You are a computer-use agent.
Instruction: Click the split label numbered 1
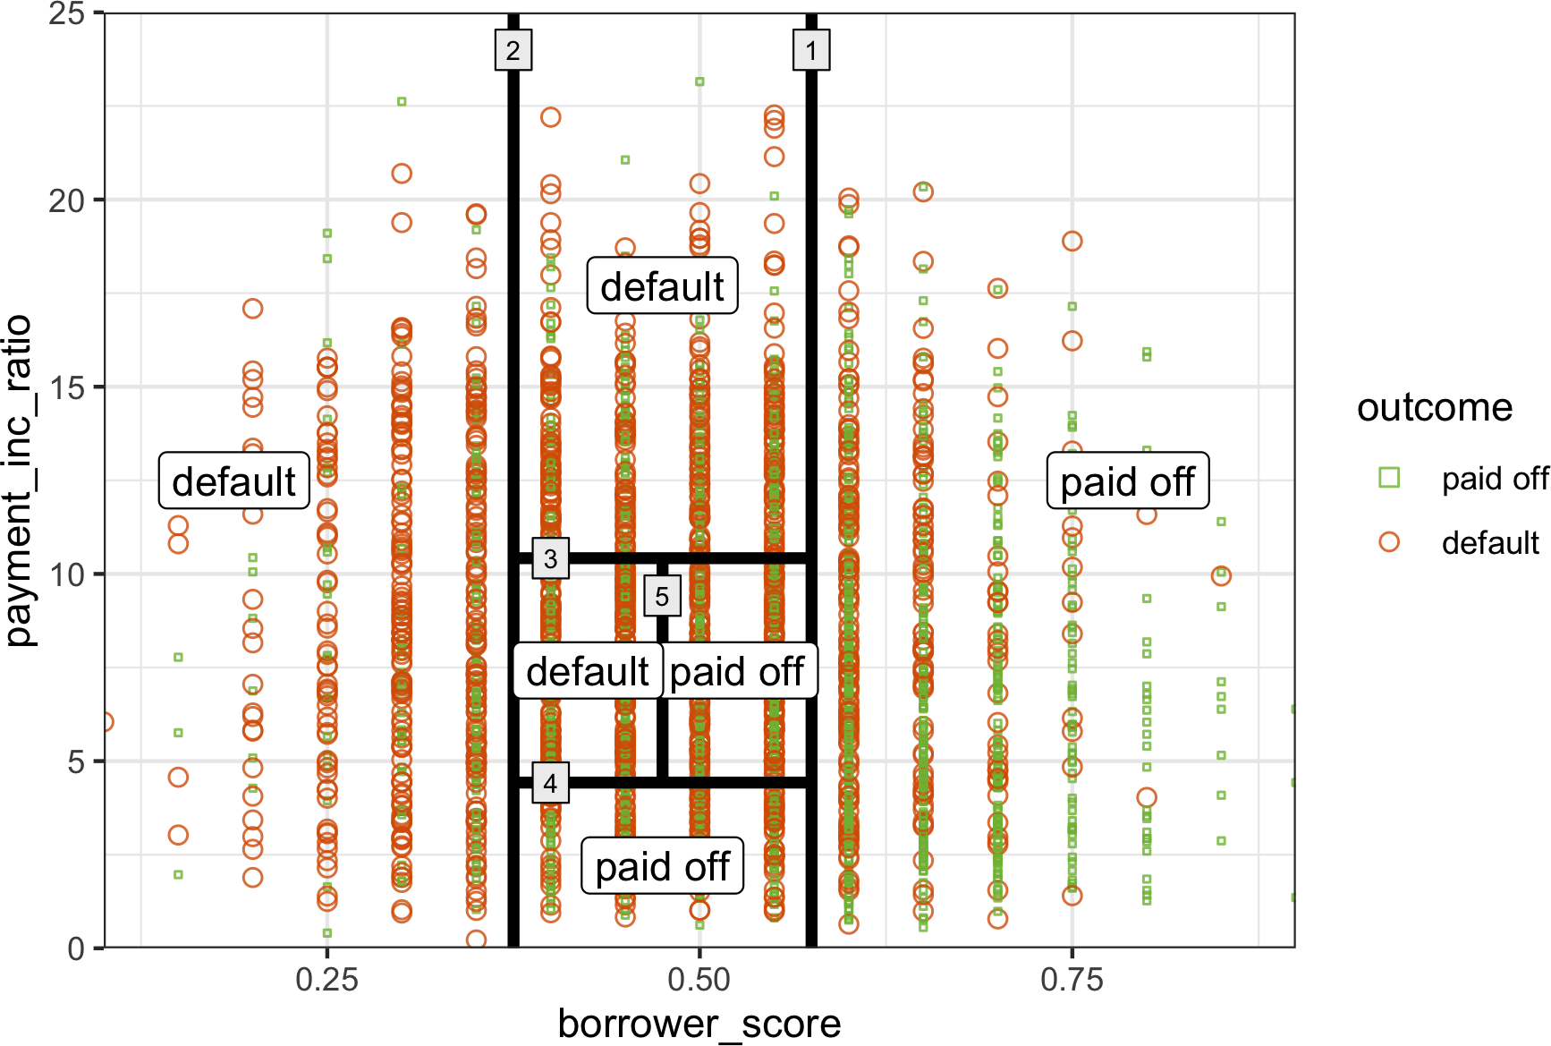click(811, 50)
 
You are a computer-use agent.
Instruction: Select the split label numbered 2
click(513, 50)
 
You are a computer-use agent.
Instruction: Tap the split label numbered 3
click(550, 559)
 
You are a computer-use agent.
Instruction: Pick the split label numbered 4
click(550, 784)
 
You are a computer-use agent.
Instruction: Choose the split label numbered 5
click(662, 597)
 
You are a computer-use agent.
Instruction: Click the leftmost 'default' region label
click(233, 481)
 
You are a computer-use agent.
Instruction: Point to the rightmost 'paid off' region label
click(1127, 481)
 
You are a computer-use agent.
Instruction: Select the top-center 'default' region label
click(662, 286)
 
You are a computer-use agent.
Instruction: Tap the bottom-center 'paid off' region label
click(662, 866)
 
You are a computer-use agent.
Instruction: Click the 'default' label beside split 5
click(588, 671)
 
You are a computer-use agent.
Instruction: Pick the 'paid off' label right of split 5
click(737, 671)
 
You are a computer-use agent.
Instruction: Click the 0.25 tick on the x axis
click(326, 980)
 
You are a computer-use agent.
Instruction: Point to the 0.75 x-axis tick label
click(1072, 980)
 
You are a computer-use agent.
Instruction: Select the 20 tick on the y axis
click(66, 200)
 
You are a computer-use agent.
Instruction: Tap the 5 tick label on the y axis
click(76, 761)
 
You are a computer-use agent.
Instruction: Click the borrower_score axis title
click(699, 1024)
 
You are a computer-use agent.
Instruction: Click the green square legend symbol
click(1389, 478)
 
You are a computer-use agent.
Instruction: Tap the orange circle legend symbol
click(1389, 542)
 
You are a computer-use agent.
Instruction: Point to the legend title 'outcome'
click(1435, 408)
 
